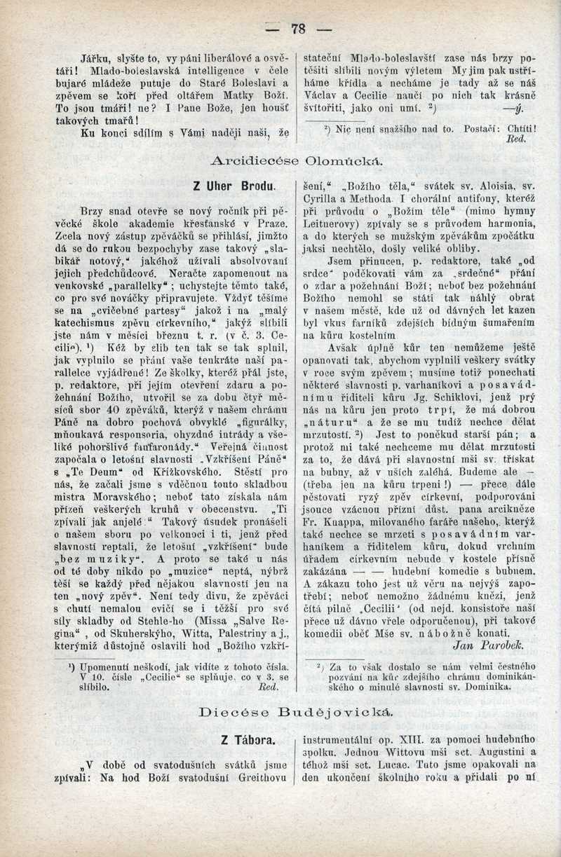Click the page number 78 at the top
click(x=297, y=29)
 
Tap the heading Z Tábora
click(x=236, y=739)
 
